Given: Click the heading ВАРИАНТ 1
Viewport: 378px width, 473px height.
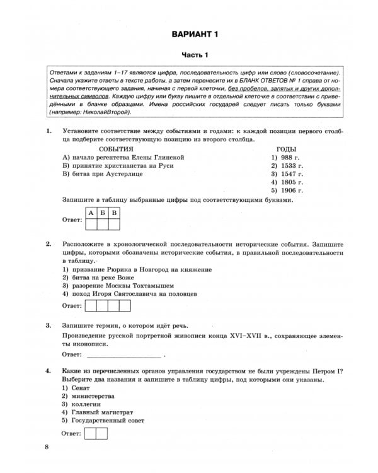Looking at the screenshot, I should [x=188, y=33].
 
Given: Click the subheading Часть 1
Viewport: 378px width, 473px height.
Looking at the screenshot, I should [x=188, y=55].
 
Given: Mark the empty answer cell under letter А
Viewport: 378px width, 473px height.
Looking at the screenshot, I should [x=91, y=221].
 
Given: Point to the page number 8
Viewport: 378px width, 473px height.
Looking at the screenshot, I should [x=46, y=448].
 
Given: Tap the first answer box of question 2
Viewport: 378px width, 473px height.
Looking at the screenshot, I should [x=90, y=306].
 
